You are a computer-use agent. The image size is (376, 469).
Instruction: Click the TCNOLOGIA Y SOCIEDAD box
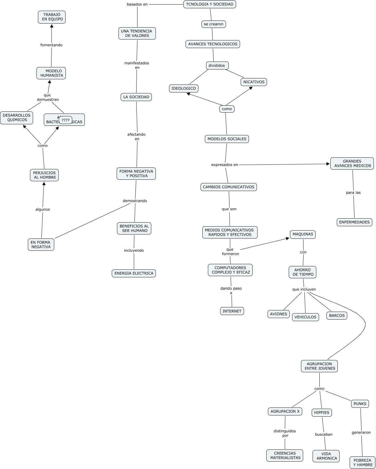pos(210,4)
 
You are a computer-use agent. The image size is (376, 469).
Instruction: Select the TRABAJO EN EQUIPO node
pos(52,17)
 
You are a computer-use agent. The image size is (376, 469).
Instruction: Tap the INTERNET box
pos(232,311)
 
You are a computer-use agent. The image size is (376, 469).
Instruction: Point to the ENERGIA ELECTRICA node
pos(134,273)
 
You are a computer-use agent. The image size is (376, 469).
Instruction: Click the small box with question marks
pos(66,120)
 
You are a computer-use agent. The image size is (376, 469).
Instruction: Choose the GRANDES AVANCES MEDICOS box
pos(352,163)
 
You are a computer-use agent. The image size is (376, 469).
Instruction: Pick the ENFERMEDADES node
pos(355,222)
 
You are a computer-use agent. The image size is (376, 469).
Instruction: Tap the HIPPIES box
pos(321,413)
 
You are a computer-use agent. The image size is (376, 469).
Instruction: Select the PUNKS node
pos(360,404)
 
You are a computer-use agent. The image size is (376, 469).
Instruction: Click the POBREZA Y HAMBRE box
pos(363,463)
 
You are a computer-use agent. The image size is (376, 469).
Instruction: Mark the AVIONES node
pos(279,314)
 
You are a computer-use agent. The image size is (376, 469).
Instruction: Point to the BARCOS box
pos(337,316)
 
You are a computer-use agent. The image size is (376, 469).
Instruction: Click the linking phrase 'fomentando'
pos(51,45)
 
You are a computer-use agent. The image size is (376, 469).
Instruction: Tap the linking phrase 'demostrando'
pos(135,201)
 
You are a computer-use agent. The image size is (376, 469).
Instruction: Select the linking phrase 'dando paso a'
pos(231,291)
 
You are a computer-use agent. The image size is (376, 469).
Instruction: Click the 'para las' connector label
pos(353,193)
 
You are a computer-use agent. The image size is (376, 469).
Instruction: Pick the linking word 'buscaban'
pos(324,434)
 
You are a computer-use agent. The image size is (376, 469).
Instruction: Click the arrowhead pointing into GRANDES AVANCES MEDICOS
pos(328,164)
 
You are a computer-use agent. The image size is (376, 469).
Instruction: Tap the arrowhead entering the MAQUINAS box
pos(288,238)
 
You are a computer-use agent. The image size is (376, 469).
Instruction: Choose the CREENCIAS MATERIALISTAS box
pos(285,456)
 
